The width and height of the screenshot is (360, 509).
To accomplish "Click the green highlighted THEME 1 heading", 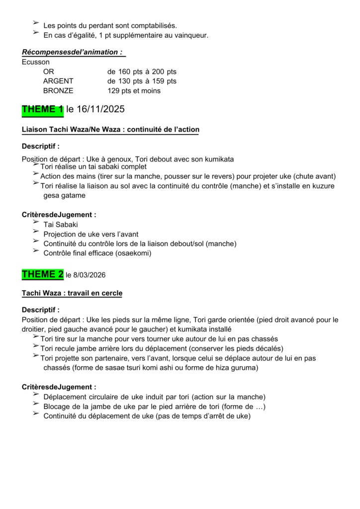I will click(x=43, y=109).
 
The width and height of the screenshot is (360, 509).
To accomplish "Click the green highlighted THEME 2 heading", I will click(x=43, y=274).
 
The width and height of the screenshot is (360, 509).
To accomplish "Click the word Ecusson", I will click(x=36, y=62).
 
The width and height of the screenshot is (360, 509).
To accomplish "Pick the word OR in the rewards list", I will click(x=49, y=72).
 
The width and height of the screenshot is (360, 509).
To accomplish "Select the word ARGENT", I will click(x=58, y=81).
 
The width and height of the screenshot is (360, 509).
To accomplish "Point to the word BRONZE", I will click(x=58, y=91).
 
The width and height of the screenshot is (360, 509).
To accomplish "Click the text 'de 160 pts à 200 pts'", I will click(x=142, y=72).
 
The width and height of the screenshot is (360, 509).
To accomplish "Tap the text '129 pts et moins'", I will click(x=134, y=91).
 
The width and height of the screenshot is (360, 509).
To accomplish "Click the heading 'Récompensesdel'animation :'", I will click(x=73, y=52).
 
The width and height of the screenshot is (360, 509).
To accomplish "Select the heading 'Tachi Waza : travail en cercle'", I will click(x=72, y=293).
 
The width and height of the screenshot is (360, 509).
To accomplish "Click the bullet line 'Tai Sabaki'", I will click(x=61, y=225).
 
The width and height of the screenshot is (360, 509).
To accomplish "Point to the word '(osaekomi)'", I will click(x=132, y=253).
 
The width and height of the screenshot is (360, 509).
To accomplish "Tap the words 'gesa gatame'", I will click(x=64, y=195).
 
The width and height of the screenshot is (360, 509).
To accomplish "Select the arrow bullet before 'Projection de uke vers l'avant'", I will click(x=36, y=232).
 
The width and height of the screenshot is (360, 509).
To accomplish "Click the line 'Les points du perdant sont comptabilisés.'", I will click(x=110, y=25).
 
